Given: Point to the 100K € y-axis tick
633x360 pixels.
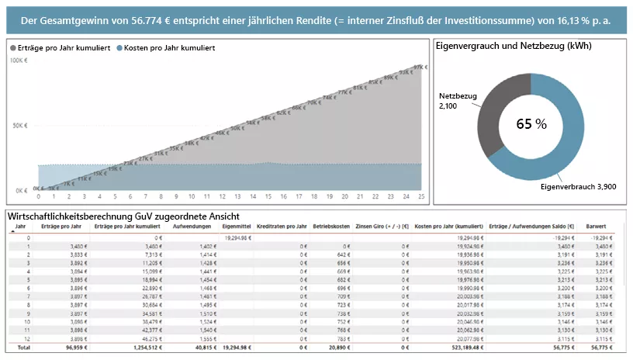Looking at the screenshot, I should pos(19,61).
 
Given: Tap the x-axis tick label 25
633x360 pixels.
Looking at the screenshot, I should pos(420,196).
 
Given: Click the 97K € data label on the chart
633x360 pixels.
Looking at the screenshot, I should pos(420,68).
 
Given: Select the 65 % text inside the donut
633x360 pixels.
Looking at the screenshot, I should pos(532,123).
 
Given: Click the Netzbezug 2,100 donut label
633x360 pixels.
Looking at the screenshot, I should pos(457,100).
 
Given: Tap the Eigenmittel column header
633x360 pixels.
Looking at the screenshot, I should pos(235,227).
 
